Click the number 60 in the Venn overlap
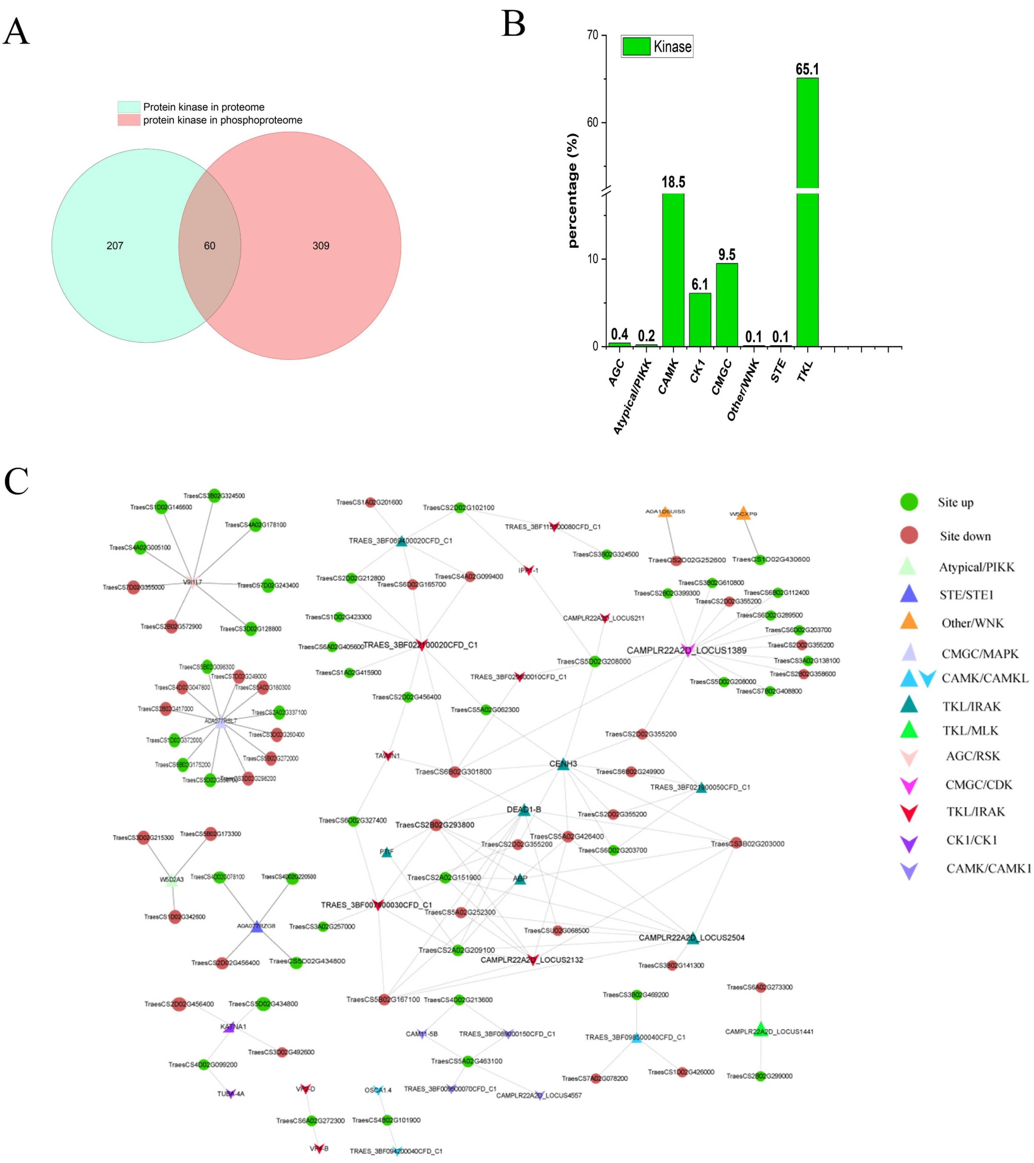pyautogui.click(x=209, y=246)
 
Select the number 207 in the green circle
pyautogui.click(x=115, y=246)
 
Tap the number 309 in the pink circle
pyautogui.click(x=321, y=246)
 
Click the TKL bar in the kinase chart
pyautogui.click(x=807, y=228)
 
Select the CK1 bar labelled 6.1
pyautogui.click(x=699, y=320)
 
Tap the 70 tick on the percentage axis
pyautogui.click(x=592, y=35)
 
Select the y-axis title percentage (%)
pyautogui.click(x=572, y=191)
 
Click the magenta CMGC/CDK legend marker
pyautogui.click(x=909, y=786)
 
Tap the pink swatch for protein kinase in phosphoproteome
pyautogui.click(x=129, y=120)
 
